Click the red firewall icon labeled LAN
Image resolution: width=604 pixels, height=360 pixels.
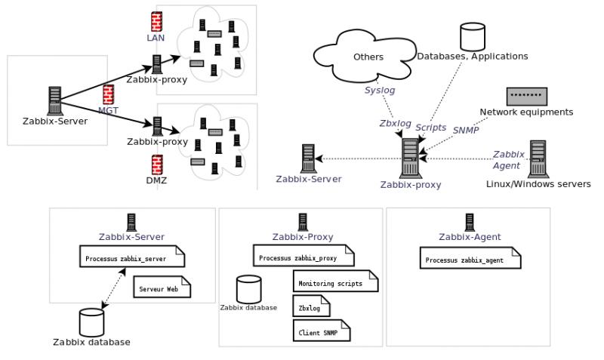pos(156,20)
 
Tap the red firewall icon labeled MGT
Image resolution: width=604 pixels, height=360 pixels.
pos(107,94)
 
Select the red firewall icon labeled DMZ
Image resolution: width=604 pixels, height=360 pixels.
pos(157,164)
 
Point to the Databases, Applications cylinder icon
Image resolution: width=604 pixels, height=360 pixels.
pos(473,36)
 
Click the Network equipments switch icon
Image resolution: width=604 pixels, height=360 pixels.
pos(526,96)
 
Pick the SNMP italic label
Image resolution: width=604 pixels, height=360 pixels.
pos(466,129)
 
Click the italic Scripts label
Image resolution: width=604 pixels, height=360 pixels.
pos(431,128)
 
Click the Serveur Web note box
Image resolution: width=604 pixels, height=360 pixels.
pos(162,288)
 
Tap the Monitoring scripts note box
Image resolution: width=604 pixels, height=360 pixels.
pos(334,282)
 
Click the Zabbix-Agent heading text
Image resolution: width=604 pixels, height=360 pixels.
pos(470,237)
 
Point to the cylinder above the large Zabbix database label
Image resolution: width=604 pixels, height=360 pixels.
pos(91,322)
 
